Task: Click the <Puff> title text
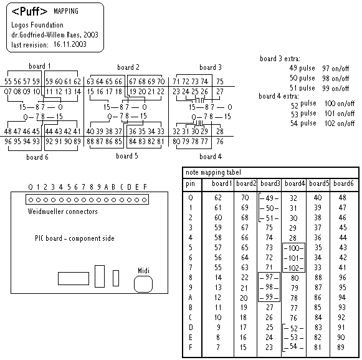[x=29, y=11]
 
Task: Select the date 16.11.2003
[x=70, y=44]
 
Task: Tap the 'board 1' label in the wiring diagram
[x=40, y=66]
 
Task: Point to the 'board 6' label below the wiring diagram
[x=37, y=157]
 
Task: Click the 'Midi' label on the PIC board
[x=143, y=271]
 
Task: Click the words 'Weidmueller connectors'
[x=62, y=212]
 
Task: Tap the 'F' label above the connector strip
[x=145, y=187]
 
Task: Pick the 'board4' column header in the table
[x=295, y=183]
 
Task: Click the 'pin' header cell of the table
[x=190, y=184]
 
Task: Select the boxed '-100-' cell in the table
[x=293, y=248]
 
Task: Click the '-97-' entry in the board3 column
[x=269, y=277]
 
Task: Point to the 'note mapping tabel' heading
[x=213, y=172]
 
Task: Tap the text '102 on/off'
[x=340, y=124]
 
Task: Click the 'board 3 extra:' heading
[x=280, y=59]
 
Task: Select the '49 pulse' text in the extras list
[x=302, y=68]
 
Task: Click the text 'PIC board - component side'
[x=75, y=238]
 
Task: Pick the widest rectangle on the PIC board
[x=74, y=279]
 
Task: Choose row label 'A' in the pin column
[x=190, y=298]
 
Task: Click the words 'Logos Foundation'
[x=37, y=25]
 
